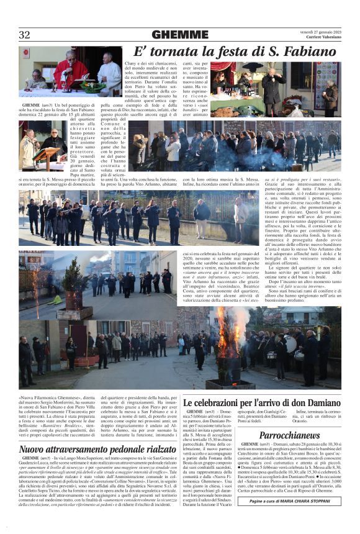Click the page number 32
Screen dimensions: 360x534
25,35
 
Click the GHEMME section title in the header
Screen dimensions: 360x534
180,35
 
